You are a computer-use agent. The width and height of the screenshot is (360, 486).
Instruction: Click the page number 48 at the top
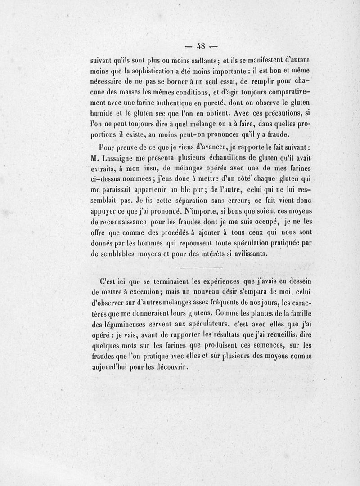tap(198, 45)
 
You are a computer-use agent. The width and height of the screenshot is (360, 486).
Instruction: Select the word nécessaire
tap(109, 81)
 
